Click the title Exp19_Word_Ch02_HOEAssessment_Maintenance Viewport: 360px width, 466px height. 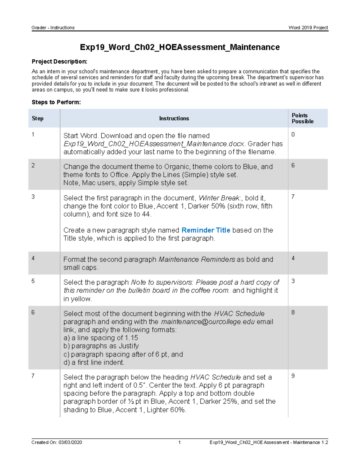[180, 47]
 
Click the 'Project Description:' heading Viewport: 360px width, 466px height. [59, 62]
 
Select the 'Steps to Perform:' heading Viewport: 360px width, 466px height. [56, 102]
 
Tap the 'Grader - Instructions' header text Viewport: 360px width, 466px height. [53, 28]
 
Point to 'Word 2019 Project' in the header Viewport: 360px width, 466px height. [308, 28]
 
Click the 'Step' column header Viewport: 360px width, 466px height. [37, 118]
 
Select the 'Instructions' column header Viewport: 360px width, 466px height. [174, 118]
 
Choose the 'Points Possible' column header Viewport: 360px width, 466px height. [302, 118]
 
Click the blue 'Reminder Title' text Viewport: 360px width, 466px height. [206, 230]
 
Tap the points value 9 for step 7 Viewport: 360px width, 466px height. [293, 376]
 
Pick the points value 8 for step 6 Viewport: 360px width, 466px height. [293, 312]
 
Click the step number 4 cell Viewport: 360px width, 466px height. [33, 258]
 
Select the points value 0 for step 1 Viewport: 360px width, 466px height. [293, 134]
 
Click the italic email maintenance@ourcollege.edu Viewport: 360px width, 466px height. [208, 322]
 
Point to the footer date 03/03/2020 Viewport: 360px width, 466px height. [70, 442]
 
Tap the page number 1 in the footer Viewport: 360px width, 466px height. [179, 442]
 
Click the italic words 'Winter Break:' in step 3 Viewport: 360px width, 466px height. [220, 198]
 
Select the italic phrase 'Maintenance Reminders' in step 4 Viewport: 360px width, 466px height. [196, 259]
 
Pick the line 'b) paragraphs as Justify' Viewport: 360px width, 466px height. [101, 346]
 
